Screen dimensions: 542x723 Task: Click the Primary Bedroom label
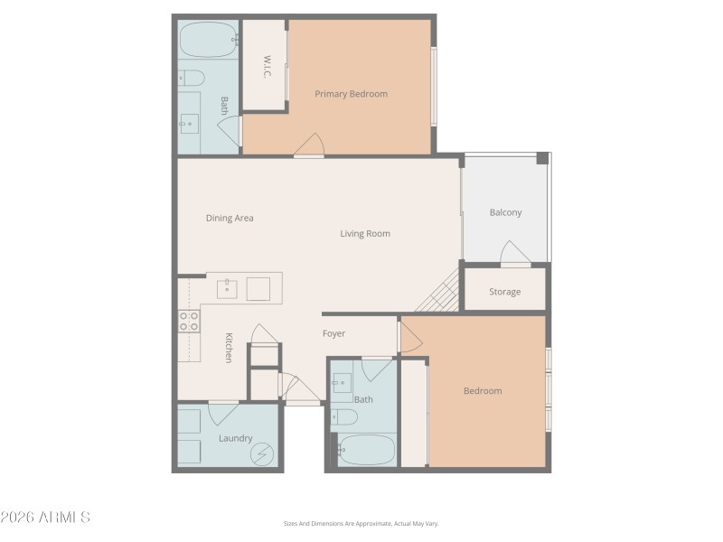click(x=351, y=94)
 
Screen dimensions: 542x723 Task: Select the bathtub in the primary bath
click(x=207, y=40)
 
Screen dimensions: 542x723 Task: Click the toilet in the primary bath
click(x=191, y=79)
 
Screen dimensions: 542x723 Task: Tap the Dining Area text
click(x=230, y=218)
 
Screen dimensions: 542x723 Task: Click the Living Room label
click(x=365, y=234)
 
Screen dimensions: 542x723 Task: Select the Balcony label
click(x=505, y=213)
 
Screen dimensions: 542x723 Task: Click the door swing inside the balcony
click(x=514, y=252)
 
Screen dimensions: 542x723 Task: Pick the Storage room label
click(x=504, y=292)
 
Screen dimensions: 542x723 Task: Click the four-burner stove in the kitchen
click(x=189, y=321)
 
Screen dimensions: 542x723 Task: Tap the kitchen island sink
click(x=227, y=289)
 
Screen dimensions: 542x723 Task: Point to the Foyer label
click(x=333, y=334)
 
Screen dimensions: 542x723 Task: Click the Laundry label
click(x=235, y=439)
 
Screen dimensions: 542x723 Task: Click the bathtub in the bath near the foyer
click(x=366, y=448)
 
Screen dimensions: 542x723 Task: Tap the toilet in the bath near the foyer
click(x=344, y=416)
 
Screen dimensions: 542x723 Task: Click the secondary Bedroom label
click(x=483, y=391)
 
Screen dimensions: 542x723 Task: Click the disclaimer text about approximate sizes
click(x=361, y=523)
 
